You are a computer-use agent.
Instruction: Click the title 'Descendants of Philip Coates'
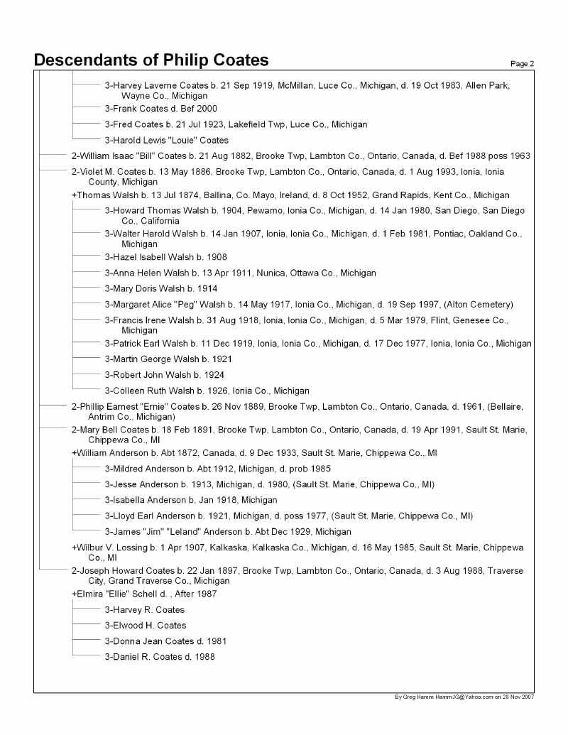pyautogui.click(x=151, y=60)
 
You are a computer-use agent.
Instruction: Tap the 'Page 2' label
pyautogui.click(x=522, y=64)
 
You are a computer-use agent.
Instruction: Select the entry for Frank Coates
pyautogui.click(x=160, y=109)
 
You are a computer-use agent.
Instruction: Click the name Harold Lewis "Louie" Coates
pyautogui.click(x=166, y=140)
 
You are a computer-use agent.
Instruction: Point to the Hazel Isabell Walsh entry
pyautogui.click(x=165, y=257)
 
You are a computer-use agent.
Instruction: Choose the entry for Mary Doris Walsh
pyautogui.click(x=160, y=288)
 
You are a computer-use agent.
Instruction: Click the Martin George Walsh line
pyautogui.click(x=168, y=359)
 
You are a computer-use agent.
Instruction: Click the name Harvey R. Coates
pyautogui.click(x=144, y=609)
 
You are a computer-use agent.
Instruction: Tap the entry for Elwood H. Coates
pyautogui.click(x=145, y=625)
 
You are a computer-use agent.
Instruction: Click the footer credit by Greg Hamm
pyautogui.click(x=464, y=697)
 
